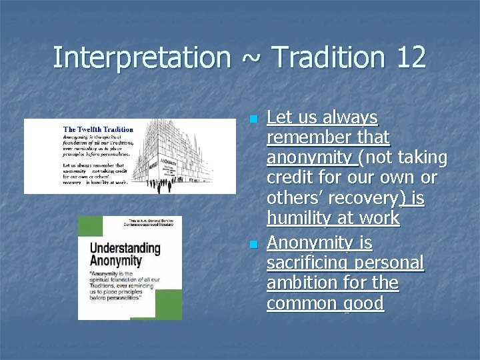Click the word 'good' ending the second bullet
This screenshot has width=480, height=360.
pos(365,303)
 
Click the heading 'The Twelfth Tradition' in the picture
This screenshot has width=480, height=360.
pos(98,129)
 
